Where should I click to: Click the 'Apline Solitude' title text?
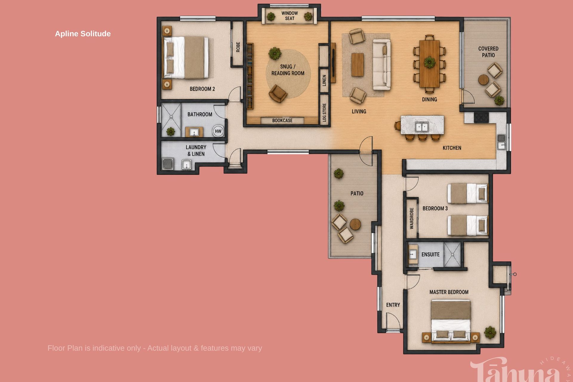[x=83, y=34]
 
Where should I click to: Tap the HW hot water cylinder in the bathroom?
[x=218, y=131]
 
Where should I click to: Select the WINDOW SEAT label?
[x=289, y=16]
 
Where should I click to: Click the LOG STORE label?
[x=324, y=112]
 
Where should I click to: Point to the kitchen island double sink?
[x=422, y=127]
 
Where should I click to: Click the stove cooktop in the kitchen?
[x=481, y=117]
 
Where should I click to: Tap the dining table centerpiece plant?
[x=429, y=62]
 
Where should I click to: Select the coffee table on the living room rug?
[x=357, y=65]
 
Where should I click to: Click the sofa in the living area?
[x=382, y=64]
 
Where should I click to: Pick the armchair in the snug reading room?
[x=278, y=93]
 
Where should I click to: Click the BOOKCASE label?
[x=282, y=120]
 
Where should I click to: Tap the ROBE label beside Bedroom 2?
[x=238, y=47]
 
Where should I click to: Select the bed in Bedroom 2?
[x=186, y=58]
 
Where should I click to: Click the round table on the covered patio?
[x=483, y=80]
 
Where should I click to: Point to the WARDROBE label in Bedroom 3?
[x=412, y=218]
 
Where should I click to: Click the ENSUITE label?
[x=430, y=254]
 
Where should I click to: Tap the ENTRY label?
[x=393, y=305]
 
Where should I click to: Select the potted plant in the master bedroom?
[x=490, y=332]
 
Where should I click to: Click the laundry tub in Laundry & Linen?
[x=168, y=164]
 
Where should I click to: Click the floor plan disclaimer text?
[x=155, y=348]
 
